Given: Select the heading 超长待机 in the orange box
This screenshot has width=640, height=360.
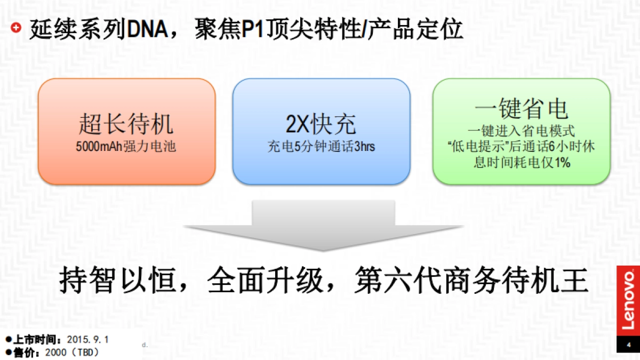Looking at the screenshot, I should click(x=126, y=124).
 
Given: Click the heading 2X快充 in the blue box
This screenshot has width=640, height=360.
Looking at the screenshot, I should click(x=321, y=124).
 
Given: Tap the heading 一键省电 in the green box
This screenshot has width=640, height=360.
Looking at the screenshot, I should click(x=521, y=109).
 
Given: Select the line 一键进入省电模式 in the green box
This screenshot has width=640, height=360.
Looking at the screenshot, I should click(x=521, y=131).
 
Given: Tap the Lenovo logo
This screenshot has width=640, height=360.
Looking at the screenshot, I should click(x=629, y=299).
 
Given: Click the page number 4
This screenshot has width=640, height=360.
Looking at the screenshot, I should click(x=629, y=345).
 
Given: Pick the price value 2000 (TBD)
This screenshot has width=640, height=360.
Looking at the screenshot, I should click(x=73, y=352).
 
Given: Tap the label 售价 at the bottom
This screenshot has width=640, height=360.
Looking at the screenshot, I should click(x=25, y=352).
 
